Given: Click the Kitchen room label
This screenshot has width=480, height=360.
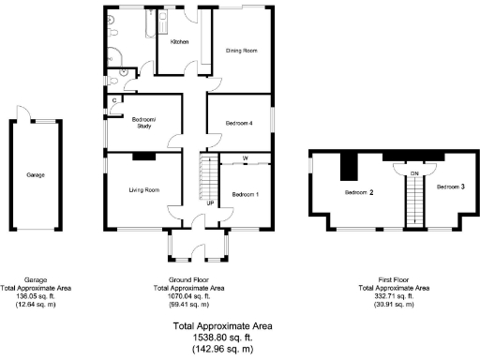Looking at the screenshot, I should point(178,42).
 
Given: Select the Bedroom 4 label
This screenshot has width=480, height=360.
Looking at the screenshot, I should point(239,123).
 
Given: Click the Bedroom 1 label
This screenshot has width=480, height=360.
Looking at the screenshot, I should point(246,194).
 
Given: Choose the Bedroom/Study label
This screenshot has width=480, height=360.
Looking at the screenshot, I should point(143,122).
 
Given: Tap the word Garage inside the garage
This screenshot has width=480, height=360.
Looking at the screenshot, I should point(36,174).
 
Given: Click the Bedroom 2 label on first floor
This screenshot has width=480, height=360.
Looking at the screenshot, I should point(358,192).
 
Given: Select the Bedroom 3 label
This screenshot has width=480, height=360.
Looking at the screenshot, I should point(450,187).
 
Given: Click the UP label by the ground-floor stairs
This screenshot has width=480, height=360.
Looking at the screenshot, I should point(209,202).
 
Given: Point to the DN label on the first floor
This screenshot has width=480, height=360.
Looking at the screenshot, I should point(413,173).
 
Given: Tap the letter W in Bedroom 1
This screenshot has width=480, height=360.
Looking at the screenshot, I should point(246,158).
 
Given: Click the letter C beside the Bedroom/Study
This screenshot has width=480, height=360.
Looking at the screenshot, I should point(114,99).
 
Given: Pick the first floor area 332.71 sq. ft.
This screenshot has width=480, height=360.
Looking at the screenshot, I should point(393,295).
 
